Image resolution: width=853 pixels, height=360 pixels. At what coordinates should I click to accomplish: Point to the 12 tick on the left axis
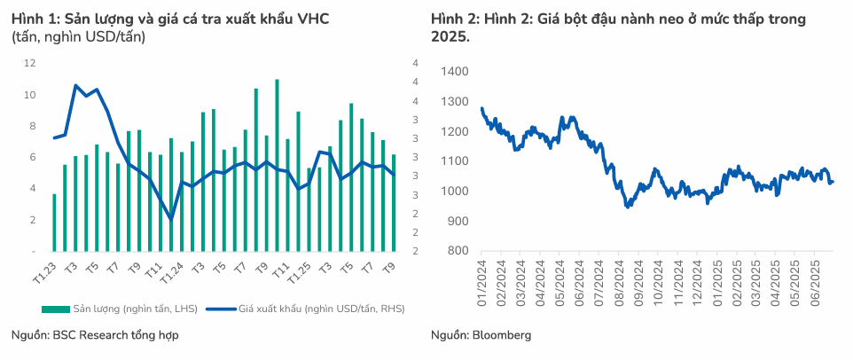click(30, 63)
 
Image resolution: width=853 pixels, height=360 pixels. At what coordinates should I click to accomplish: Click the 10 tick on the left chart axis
click(30, 95)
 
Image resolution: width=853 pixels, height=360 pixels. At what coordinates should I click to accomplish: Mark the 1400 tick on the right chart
click(455, 71)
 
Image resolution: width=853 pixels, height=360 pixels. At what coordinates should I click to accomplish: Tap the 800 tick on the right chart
click(458, 251)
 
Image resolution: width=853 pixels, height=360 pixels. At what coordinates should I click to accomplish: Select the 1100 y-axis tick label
click(455, 161)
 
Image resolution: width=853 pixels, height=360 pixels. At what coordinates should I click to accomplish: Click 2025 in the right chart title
click(450, 37)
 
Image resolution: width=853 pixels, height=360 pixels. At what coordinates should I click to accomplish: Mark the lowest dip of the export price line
click(170, 219)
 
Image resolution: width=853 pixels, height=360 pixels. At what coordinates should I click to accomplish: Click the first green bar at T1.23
click(54, 222)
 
